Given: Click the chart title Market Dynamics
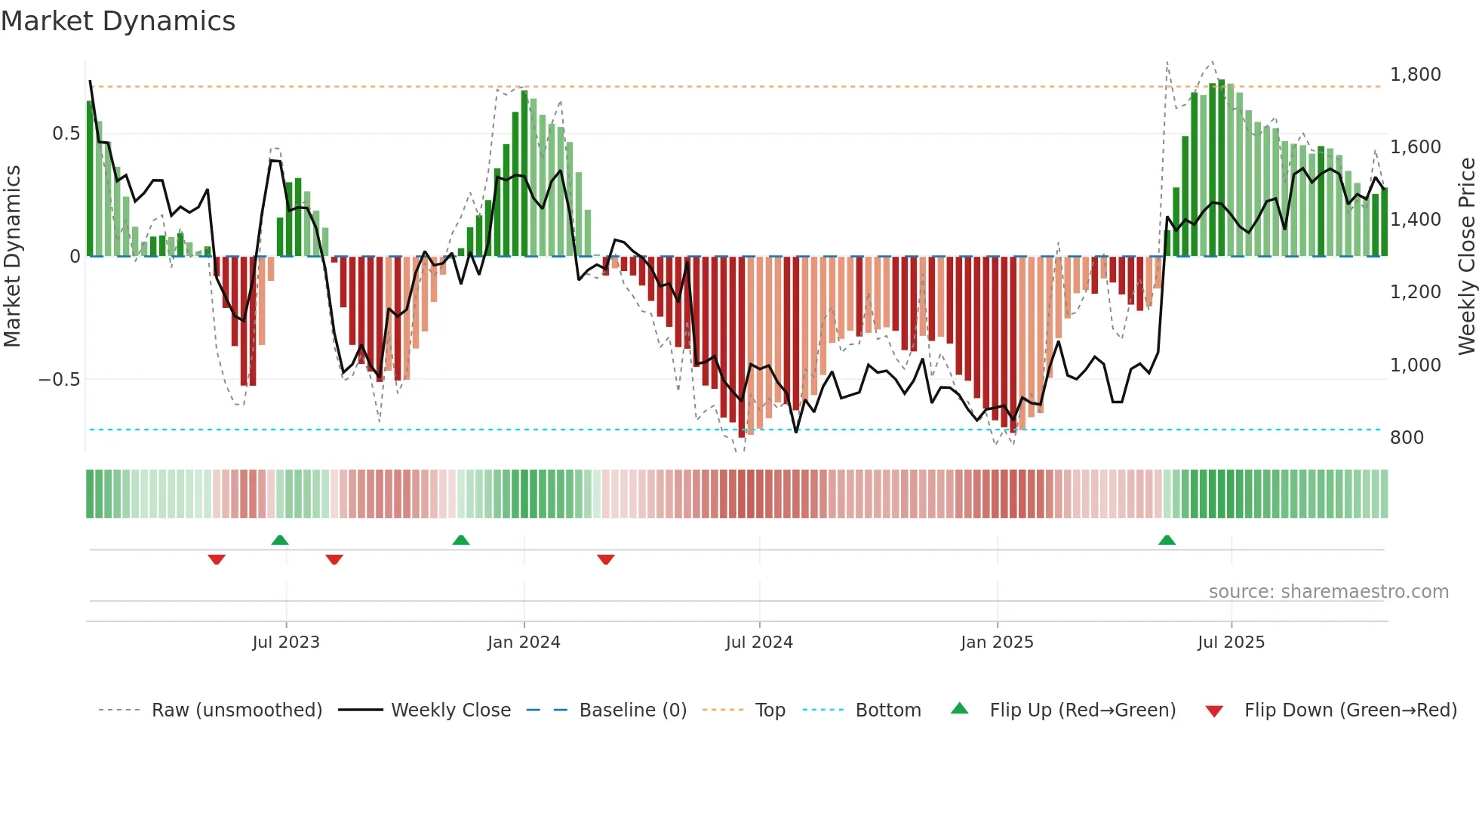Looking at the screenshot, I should click(118, 21).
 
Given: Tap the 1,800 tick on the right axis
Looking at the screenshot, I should click(1415, 75).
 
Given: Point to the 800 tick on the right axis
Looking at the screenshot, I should click(1407, 438).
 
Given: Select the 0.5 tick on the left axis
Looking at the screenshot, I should click(66, 134).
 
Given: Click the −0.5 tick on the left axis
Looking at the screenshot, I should click(60, 380).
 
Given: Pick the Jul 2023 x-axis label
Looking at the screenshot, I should click(286, 642).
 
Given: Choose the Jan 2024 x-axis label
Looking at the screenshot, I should click(524, 642).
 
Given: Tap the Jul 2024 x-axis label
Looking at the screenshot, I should click(759, 642).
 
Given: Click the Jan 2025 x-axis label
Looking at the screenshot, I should click(997, 642).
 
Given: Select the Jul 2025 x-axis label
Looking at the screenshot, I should click(1231, 642).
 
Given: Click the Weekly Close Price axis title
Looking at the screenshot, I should click(1466, 257).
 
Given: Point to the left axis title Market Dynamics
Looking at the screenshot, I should click(12, 257).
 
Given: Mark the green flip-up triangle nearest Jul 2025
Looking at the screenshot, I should click(1167, 540).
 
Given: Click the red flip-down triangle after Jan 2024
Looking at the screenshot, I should click(605, 559).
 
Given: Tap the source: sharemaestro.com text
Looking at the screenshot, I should click(1328, 592).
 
